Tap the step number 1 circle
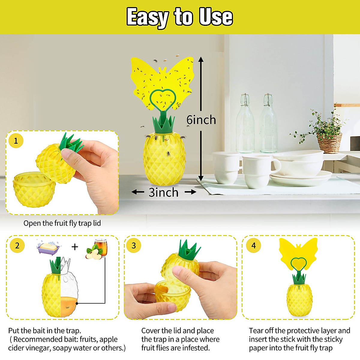coord(16,140)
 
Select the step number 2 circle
coord(17,246)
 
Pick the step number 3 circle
coord(134,246)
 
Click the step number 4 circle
coord(253,246)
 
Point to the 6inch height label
coord(201,120)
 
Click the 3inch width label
coord(163,192)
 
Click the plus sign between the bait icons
coord(75,247)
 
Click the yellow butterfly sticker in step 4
coord(298,252)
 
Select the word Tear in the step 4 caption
coord(256,331)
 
